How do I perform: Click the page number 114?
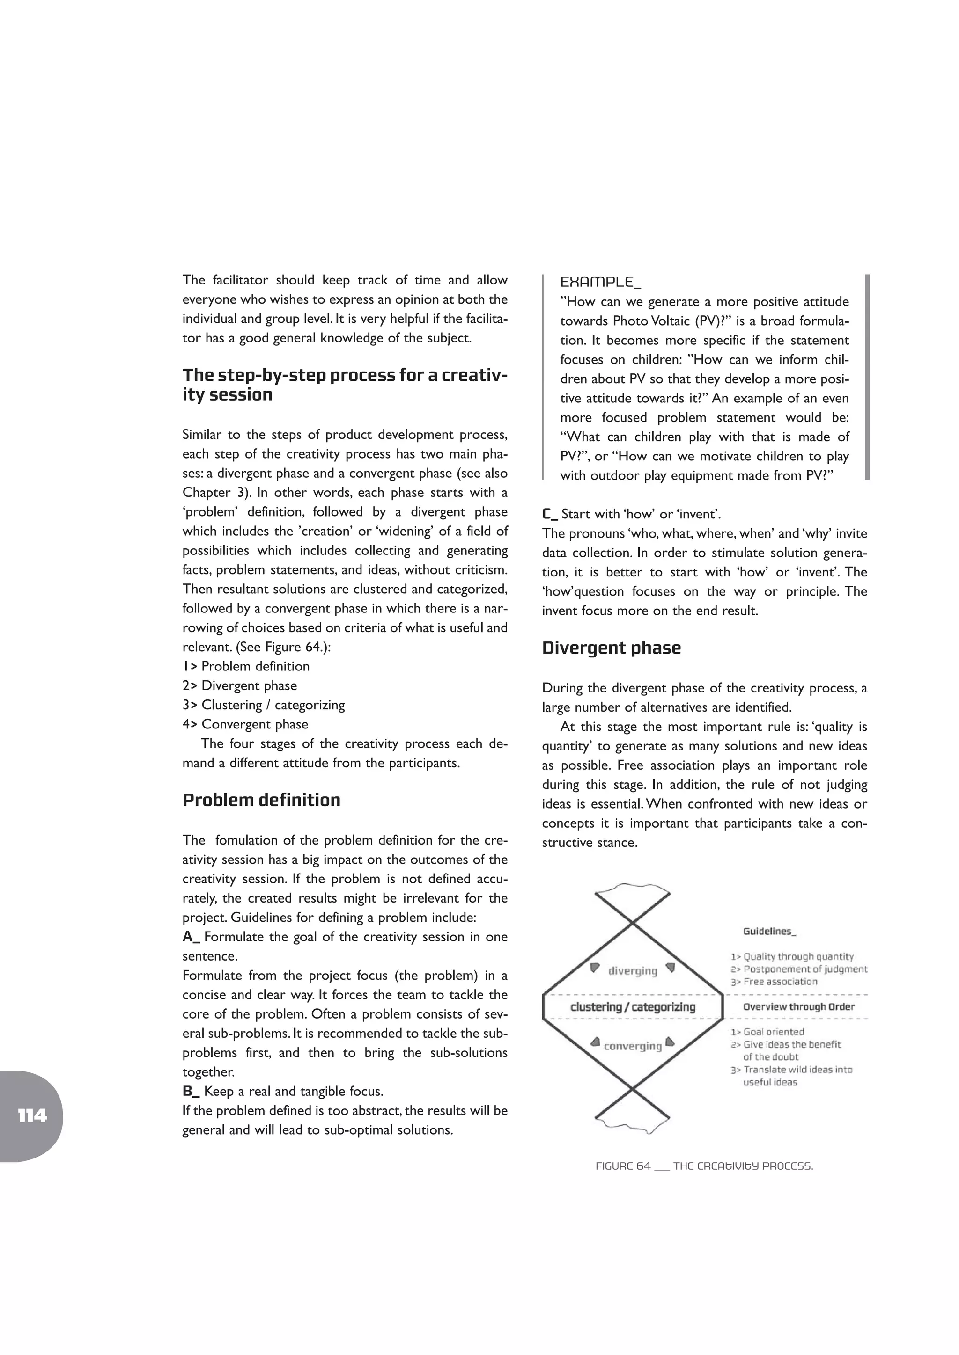[x=32, y=1115]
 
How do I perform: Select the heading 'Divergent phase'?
[x=611, y=648]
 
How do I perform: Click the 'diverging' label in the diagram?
[x=633, y=971]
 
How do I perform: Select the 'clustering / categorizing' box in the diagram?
[x=633, y=1007]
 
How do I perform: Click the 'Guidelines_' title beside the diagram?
[x=769, y=931]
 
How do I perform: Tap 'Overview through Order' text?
[x=798, y=1007]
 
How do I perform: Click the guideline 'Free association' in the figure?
[x=780, y=982]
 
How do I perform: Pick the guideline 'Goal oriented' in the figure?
[x=773, y=1032]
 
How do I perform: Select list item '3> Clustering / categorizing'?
[x=263, y=705]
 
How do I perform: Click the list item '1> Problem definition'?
[x=246, y=666]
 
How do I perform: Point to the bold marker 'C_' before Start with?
[x=550, y=514]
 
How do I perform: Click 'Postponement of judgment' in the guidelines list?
[x=805, y=969]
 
